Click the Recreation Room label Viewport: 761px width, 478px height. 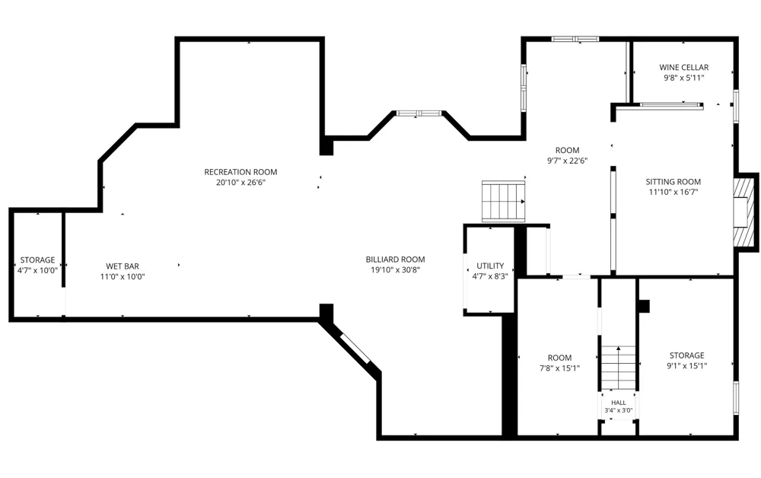[x=240, y=172]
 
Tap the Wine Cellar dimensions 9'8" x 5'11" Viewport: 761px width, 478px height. [x=684, y=78]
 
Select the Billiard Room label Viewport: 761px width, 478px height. [x=395, y=260]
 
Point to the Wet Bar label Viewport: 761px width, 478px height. [x=123, y=266]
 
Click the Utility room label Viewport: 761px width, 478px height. [x=490, y=266]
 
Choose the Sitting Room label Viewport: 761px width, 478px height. [x=673, y=182]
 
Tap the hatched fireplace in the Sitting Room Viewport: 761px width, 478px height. [x=744, y=212]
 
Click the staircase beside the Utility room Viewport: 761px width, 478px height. [x=504, y=202]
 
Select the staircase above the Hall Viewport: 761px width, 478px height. [x=618, y=368]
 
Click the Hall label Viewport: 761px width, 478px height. [x=618, y=403]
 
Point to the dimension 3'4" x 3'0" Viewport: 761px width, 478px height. [x=618, y=410]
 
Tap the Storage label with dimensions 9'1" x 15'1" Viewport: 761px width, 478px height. [x=686, y=355]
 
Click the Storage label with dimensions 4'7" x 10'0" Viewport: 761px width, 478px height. [x=37, y=260]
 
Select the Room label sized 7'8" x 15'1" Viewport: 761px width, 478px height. [x=559, y=358]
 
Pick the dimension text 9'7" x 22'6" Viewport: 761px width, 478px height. [x=568, y=161]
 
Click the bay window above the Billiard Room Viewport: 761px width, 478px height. [x=419, y=113]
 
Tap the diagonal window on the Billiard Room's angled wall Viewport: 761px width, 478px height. [x=355, y=348]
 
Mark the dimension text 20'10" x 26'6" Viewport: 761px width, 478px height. [x=240, y=183]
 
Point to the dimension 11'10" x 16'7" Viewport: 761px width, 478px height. [x=673, y=192]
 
